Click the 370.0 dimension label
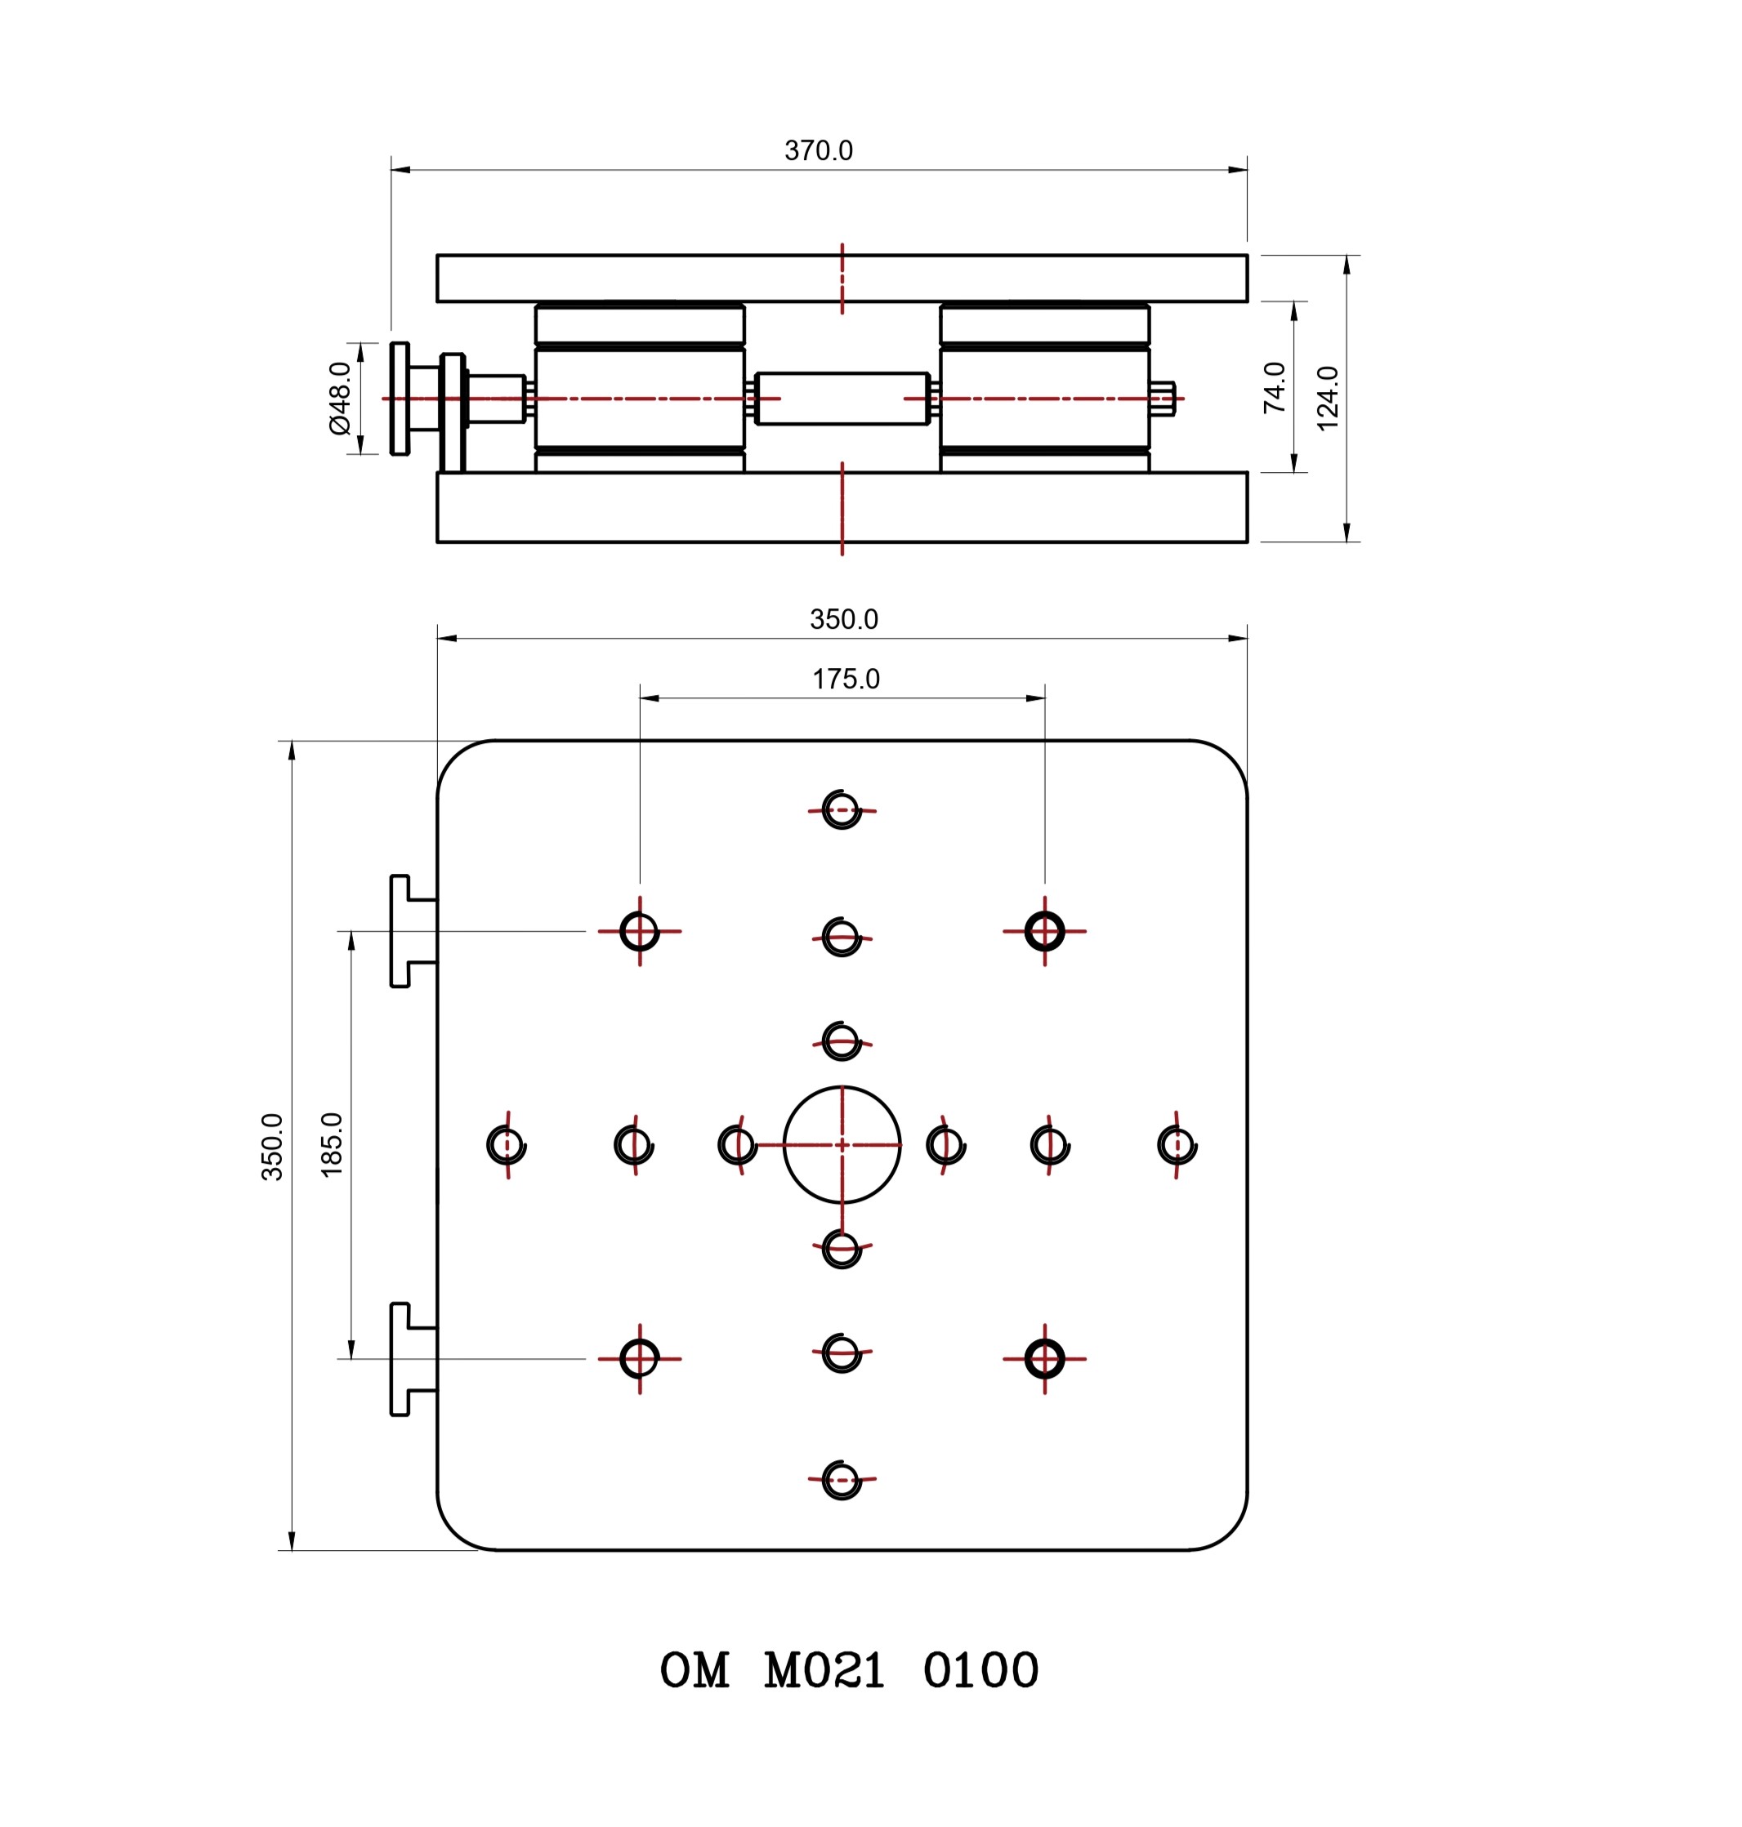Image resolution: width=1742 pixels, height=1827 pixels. coord(818,150)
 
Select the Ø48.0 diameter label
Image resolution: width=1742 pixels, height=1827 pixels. coord(340,399)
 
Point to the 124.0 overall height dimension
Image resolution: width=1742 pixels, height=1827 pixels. coord(1328,399)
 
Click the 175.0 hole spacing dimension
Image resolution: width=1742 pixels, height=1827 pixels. coord(846,679)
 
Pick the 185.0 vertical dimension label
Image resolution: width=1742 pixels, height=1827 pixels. coord(332,1145)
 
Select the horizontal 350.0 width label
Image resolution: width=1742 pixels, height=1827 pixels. coord(843,619)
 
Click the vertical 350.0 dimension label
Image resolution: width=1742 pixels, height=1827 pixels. coord(272,1147)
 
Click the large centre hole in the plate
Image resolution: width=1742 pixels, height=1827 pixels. coord(842,1086)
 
